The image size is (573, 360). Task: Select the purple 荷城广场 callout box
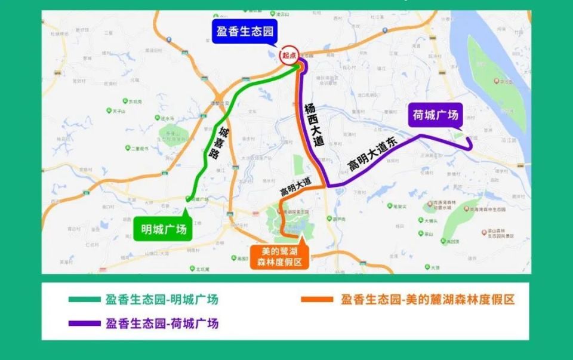[x=435, y=115]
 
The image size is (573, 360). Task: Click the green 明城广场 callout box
[x=163, y=230]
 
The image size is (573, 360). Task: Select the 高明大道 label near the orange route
[x=296, y=188]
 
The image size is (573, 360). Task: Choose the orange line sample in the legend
[x=317, y=300]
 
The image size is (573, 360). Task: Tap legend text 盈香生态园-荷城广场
[x=162, y=324]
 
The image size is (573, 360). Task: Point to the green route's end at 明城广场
[x=189, y=199]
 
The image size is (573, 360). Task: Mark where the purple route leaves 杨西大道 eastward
[x=328, y=186]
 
